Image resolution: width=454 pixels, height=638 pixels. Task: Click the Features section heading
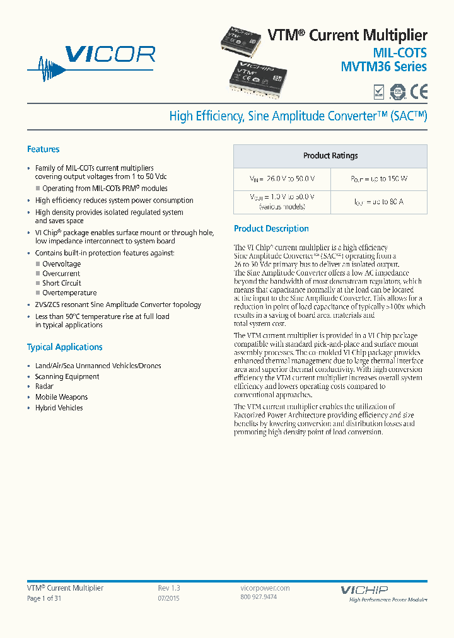click(x=43, y=149)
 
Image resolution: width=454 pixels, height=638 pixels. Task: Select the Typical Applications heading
click(x=64, y=347)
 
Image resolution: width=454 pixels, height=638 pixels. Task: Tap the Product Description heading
click(x=271, y=229)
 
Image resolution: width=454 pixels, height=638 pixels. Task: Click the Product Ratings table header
click(x=330, y=156)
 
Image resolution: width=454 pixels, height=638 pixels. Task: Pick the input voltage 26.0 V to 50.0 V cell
click(x=282, y=179)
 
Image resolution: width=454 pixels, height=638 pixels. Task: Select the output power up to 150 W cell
click(x=379, y=179)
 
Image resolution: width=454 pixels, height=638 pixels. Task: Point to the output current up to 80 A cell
click(x=379, y=202)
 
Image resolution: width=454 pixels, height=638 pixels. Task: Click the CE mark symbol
click(x=419, y=92)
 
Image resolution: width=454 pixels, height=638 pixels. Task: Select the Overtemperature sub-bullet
click(x=69, y=293)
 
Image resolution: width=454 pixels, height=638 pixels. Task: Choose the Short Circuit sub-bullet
click(x=62, y=283)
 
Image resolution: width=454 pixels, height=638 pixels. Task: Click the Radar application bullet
click(x=44, y=386)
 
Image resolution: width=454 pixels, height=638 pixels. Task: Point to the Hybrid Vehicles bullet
click(x=59, y=408)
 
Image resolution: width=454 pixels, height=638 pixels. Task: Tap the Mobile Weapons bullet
click(x=61, y=397)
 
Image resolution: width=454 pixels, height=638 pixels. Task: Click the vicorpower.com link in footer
click(x=265, y=588)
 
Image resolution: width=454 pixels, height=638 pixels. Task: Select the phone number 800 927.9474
click(x=259, y=597)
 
